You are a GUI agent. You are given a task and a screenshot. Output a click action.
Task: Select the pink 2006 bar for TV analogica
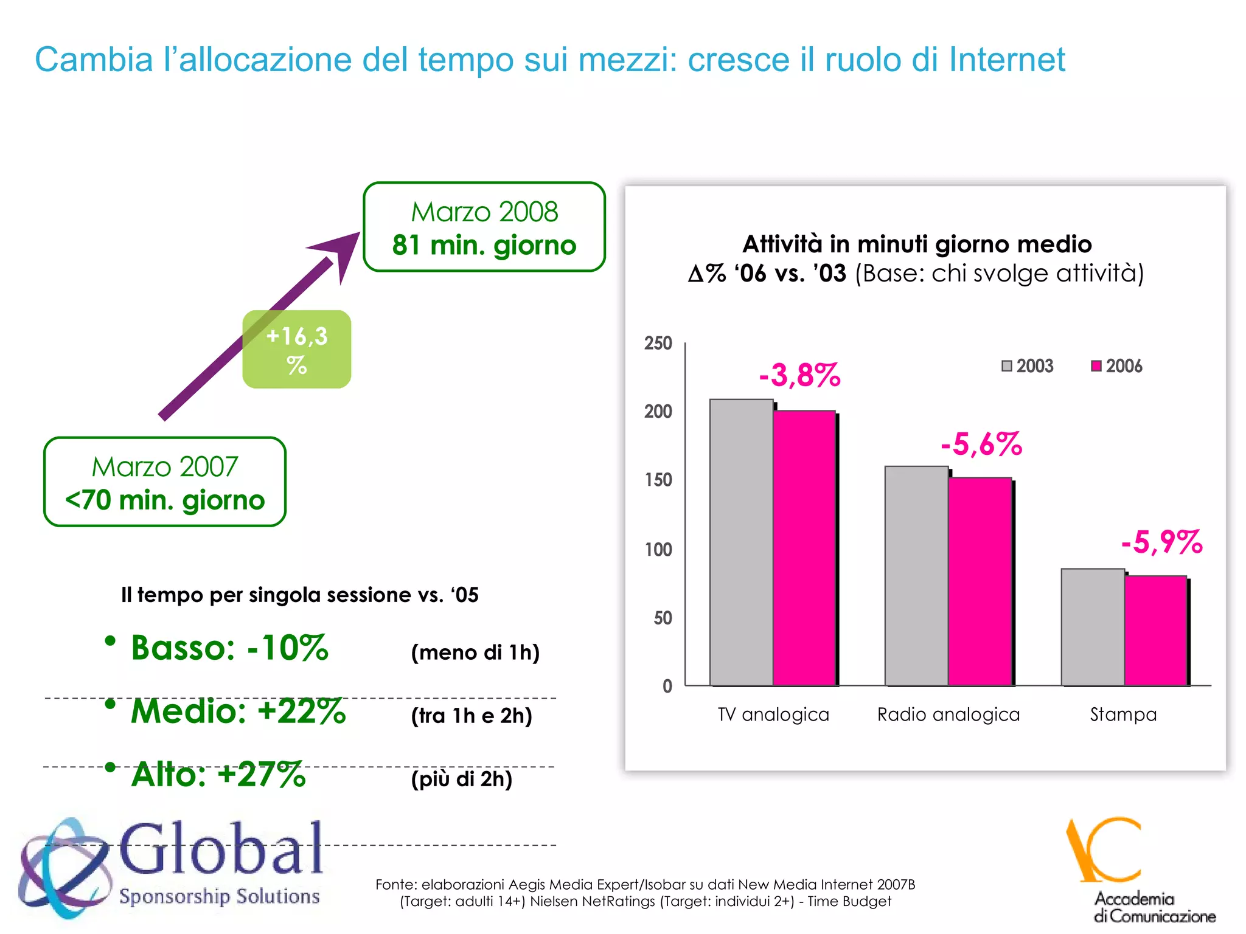(x=804, y=548)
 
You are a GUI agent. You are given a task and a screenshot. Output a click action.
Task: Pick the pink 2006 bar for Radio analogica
(x=980, y=581)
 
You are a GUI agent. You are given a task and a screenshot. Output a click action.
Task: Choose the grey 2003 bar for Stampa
(x=1093, y=627)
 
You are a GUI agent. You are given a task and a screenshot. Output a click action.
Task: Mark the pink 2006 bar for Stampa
(x=1155, y=631)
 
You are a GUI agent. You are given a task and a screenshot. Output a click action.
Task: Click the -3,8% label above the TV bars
(x=799, y=375)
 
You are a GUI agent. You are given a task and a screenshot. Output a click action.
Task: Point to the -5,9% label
(x=1161, y=542)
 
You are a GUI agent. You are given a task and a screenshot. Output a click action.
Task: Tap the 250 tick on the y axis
(x=658, y=344)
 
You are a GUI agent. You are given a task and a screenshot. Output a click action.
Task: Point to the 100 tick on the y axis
(x=658, y=550)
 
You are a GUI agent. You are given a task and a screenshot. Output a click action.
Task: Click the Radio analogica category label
(x=948, y=714)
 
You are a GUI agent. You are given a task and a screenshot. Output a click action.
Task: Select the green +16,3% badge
(x=297, y=350)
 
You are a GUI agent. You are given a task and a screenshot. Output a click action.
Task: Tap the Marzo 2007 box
(x=165, y=482)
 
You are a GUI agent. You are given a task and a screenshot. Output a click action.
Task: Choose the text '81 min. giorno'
(x=484, y=246)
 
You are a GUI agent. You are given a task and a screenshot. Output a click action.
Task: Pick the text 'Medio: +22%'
(x=238, y=711)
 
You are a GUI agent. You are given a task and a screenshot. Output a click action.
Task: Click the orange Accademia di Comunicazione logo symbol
(x=1103, y=850)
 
